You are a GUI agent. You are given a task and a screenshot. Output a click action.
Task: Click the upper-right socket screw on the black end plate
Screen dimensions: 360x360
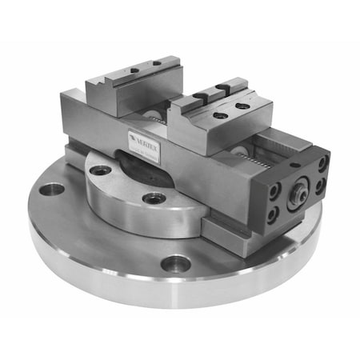[x=322, y=163]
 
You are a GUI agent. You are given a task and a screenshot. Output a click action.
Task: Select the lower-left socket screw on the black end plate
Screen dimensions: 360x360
[x=272, y=214]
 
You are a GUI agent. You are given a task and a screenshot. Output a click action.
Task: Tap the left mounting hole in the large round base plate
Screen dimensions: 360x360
[x=52, y=190]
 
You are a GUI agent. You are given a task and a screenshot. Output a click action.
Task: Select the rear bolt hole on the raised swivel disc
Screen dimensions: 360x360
[x=100, y=170]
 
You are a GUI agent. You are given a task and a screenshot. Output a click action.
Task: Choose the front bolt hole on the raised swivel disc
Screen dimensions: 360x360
[x=154, y=198]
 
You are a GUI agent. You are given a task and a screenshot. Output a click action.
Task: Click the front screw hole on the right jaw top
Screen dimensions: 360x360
[x=218, y=114]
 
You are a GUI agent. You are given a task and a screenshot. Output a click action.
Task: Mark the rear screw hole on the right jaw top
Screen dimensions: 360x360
[x=239, y=105]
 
